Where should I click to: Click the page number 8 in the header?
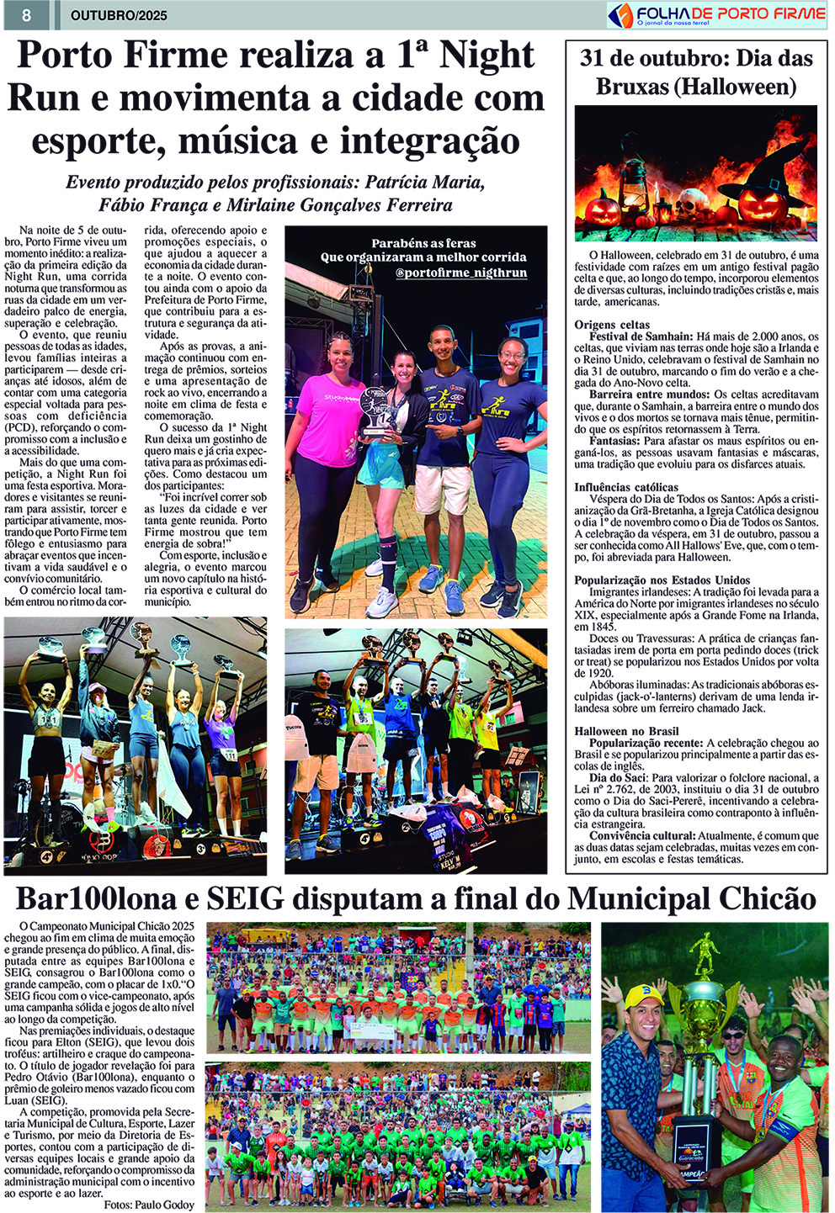[27, 15]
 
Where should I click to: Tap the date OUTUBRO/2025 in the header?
[119, 15]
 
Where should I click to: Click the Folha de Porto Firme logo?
[716, 14]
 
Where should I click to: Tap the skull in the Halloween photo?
[692, 202]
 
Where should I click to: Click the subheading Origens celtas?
[612, 325]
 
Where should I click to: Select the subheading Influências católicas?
[626, 487]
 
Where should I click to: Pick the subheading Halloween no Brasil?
[626, 731]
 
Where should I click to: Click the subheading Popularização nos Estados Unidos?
[662, 580]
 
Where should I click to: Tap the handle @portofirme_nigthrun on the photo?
[461, 273]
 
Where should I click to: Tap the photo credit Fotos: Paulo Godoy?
[148, 1205]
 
